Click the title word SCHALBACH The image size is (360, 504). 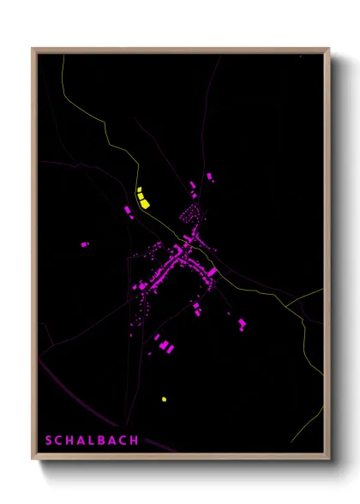pyautogui.click(x=92, y=441)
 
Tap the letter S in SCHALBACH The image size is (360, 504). pyautogui.click(x=48, y=441)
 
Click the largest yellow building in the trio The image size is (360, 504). pyautogui.click(x=145, y=202)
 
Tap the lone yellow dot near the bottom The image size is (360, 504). pyautogui.click(x=164, y=399)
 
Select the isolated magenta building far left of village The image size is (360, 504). pyautogui.click(x=84, y=244)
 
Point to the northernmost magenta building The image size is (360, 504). pyautogui.click(x=209, y=177)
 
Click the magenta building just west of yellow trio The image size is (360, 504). pyautogui.click(x=129, y=209)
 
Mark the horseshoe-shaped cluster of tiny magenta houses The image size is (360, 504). pyautogui.click(x=191, y=213)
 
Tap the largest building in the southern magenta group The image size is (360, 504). pyautogui.click(x=166, y=346)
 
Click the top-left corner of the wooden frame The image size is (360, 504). pyautogui.click(x=33, y=49)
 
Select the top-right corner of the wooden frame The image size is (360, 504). pyautogui.click(x=328, y=49)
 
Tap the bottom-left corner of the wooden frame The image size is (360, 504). pyautogui.click(x=33, y=459)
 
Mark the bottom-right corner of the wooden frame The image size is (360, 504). pyautogui.click(x=328, y=459)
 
